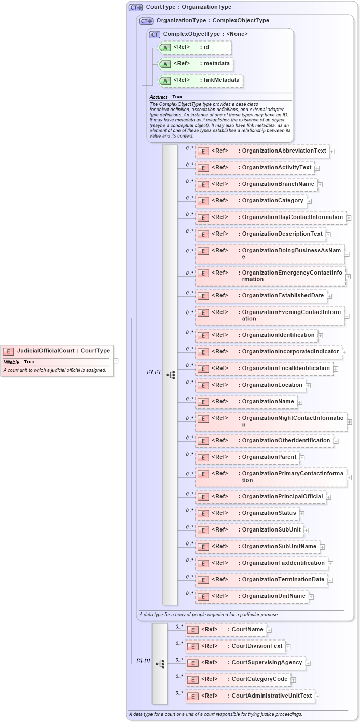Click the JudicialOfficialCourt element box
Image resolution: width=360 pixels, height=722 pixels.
tap(57, 351)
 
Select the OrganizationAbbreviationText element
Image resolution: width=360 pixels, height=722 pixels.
tap(262, 151)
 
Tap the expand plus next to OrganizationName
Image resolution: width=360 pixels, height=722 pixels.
tap(300, 402)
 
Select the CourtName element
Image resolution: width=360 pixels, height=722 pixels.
tap(226, 630)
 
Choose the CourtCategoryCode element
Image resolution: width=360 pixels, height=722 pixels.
tap(237, 679)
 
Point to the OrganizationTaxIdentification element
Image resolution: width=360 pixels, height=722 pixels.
tap(261, 563)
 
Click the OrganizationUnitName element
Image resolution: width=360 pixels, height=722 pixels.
tap(252, 596)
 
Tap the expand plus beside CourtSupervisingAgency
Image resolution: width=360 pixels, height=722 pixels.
tap(309, 663)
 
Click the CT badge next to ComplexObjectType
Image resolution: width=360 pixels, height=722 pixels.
tap(155, 34)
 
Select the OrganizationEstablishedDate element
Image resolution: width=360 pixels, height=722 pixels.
tap(261, 296)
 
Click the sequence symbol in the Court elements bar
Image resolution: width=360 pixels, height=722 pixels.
tap(160, 663)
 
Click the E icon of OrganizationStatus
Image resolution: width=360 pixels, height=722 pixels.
tap(203, 513)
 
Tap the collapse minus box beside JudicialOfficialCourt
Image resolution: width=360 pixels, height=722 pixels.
tap(116, 360)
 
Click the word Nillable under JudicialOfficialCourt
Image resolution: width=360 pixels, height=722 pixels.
tap(11, 362)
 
